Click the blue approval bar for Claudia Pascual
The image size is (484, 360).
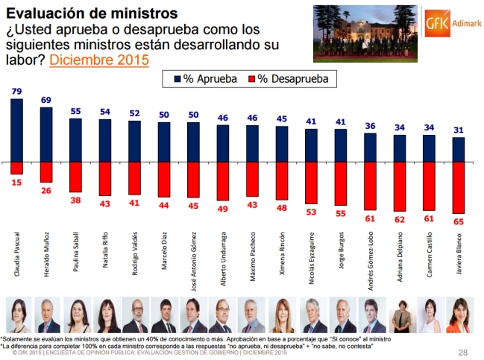point(17,130)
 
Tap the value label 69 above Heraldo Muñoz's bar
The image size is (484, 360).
point(45,100)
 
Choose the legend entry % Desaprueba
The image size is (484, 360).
point(287,78)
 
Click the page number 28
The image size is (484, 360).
point(462,352)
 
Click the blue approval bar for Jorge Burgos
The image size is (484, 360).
point(341,146)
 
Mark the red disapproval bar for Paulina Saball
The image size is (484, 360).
point(75,177)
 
